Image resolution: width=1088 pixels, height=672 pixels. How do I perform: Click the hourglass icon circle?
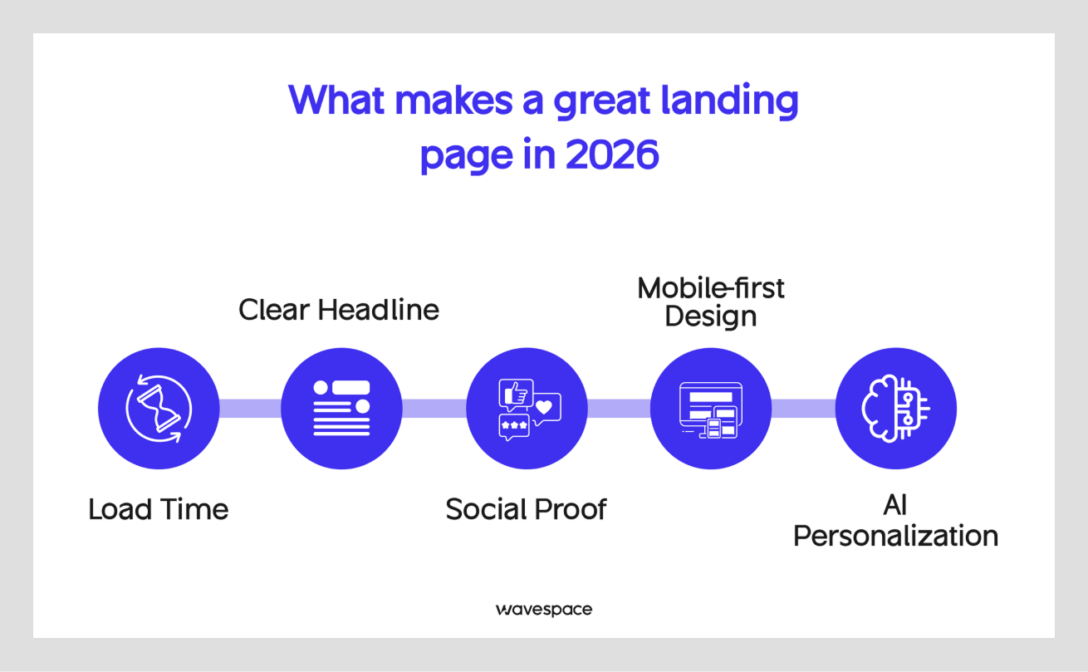[159, 408]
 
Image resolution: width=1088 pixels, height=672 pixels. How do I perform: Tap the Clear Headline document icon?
[341, 408]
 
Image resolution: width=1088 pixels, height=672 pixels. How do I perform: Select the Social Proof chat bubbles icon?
[527, 408]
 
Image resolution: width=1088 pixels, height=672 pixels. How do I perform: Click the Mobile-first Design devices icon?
[710, 408]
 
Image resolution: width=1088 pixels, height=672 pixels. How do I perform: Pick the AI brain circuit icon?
[895, 408]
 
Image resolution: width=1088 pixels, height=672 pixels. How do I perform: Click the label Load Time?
[158, 508]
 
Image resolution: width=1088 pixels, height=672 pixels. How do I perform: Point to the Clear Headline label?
[338, 310]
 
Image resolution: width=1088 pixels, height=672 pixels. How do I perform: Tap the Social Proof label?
[526, 508]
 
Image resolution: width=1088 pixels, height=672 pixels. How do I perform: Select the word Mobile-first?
[710, 288]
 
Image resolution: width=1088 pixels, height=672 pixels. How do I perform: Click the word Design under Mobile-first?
[710, 316]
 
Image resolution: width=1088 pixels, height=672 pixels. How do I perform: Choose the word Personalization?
[895, 536]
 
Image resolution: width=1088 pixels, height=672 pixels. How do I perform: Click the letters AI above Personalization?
[895, 506]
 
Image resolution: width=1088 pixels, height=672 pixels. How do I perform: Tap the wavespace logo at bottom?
[544, 610]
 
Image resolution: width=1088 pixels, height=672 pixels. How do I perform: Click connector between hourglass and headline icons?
[249, 408]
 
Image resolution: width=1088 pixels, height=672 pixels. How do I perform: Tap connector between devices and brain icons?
[802, 408]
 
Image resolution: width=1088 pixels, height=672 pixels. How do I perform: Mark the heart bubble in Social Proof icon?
[544, 407]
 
